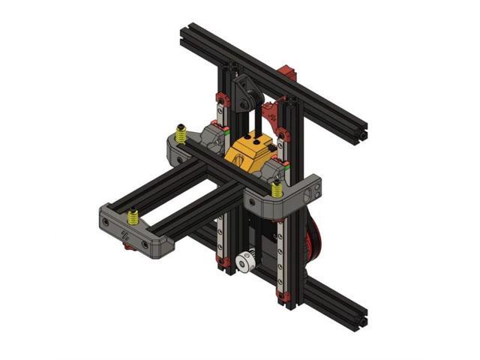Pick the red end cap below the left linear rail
223,262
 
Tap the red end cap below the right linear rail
283,301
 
